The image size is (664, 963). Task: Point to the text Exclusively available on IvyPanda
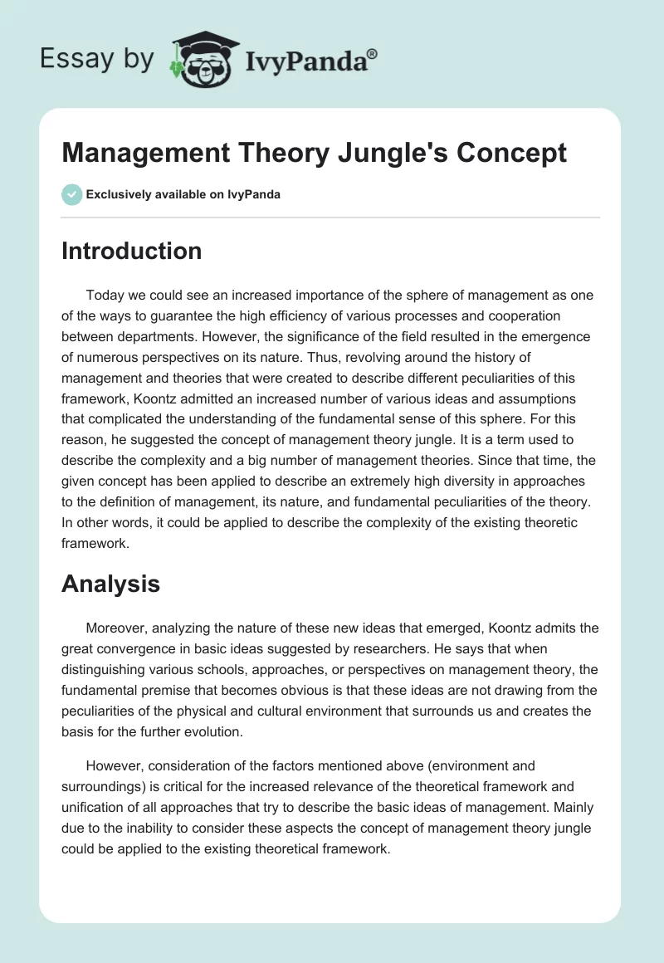(183, 195)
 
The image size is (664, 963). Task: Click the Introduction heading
(131, 251)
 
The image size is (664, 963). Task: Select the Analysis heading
(110, 584)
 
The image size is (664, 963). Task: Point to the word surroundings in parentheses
(105, 786)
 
